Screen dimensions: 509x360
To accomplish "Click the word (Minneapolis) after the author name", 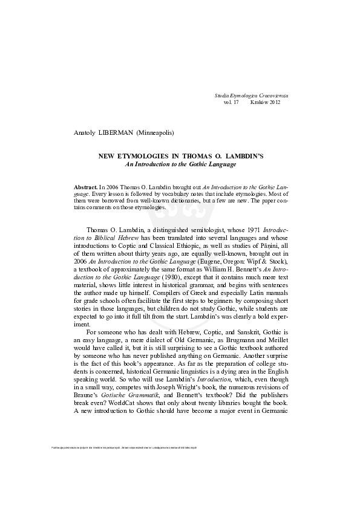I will click(159, 132).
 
